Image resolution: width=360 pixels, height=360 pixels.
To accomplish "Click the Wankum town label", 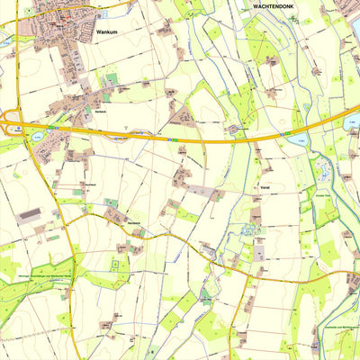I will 105,31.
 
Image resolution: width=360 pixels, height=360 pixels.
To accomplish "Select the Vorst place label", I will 264,187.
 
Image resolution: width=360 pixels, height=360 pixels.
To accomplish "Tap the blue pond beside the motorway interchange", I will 38,138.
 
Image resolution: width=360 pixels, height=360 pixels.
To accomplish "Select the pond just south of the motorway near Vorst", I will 298,140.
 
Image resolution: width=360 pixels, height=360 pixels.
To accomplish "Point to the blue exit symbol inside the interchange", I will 16,130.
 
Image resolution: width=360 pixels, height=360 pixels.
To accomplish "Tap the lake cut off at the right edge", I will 354,121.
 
